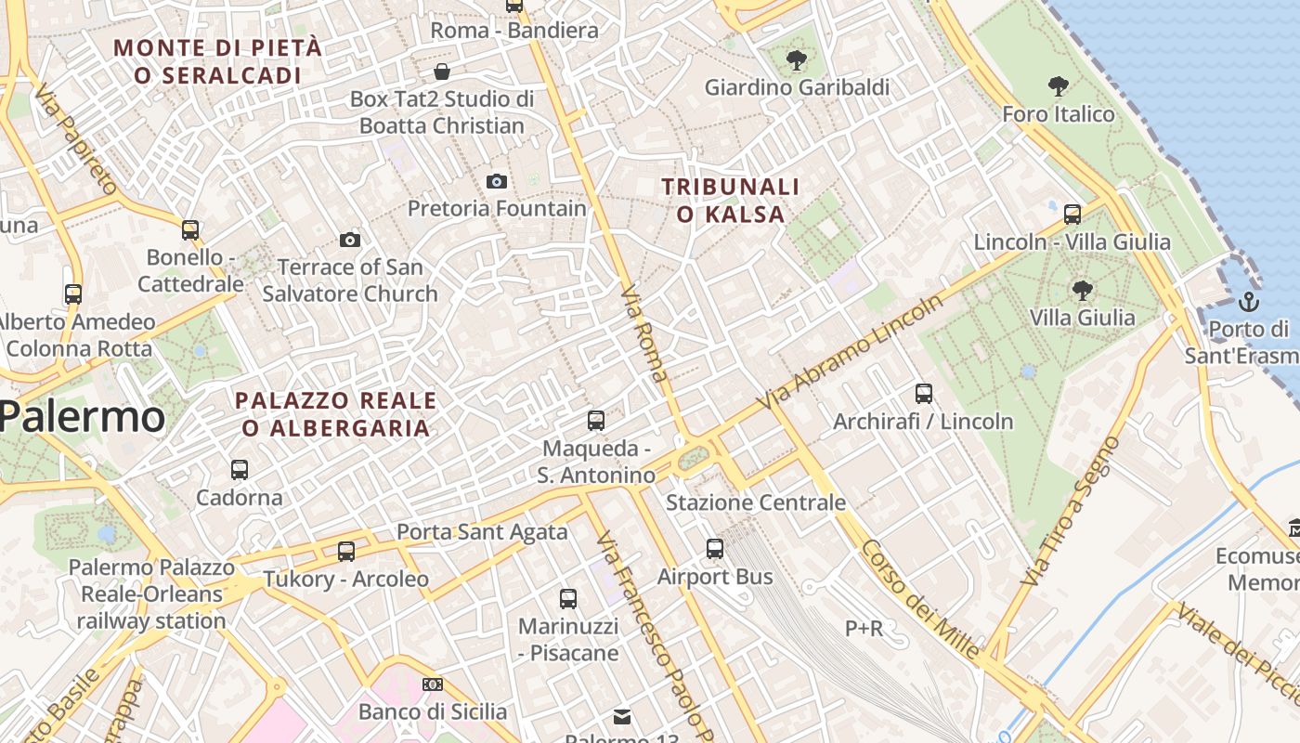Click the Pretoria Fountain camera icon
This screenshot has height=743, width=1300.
pos(497,181)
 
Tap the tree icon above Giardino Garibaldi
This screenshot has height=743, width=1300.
pos(796,61)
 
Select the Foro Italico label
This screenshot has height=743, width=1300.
pos(1058,114)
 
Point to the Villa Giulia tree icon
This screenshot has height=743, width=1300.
pos(1082,290)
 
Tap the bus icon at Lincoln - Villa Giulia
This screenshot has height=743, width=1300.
pos(1072,215)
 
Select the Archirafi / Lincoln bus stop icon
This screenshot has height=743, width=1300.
pos(923,393)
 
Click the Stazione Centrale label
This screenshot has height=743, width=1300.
pos(756,502)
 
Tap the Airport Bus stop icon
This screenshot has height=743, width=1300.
pos(714,549)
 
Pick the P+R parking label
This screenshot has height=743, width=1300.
pos(864,629)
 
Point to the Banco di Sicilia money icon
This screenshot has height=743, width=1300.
pos(433,684)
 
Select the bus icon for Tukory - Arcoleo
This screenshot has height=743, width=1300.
pos(346,552)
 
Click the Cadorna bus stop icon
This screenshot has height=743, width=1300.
pos(240,470)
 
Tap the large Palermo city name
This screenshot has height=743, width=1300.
pos(83,417)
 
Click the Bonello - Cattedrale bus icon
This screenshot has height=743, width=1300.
pos(190,229)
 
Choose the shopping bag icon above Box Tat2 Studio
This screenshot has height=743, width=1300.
pos(443,72)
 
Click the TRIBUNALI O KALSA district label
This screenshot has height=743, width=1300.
pos(730,201)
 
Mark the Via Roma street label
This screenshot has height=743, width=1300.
pos(643,333)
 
